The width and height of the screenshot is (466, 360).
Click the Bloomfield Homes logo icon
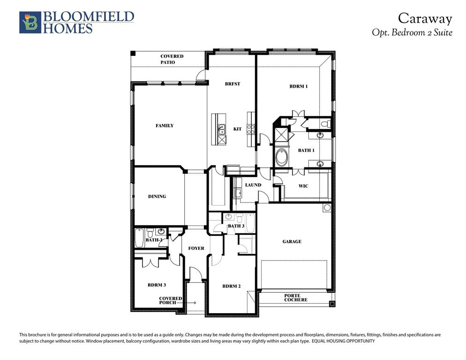[30, 22]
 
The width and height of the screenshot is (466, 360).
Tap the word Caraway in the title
[425, 18]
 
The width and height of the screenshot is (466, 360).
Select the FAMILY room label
[165, 126]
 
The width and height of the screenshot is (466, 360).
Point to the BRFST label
[233, 84]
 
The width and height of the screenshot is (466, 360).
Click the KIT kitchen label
[237, 129]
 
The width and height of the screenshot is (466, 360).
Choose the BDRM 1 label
[298, 86]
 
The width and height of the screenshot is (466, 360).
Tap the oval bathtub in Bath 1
[282, 157]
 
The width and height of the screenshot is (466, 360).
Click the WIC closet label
[303, 186]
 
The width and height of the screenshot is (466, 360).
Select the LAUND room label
[253, 185]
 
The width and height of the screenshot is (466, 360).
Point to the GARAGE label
[292, 241]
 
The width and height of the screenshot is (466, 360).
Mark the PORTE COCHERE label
[295, 298]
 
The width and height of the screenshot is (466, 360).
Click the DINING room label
[157, 196]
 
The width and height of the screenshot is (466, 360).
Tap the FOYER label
[196, 248]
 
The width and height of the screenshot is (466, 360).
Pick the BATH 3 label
[236, 226]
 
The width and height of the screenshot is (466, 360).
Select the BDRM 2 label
[232, 286]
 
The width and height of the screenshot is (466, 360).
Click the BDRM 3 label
[157, 285]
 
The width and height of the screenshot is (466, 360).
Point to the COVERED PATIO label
[172, 59]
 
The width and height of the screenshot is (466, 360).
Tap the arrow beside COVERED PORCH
[192, 303]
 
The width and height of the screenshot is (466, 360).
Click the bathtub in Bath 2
[139, 239]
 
